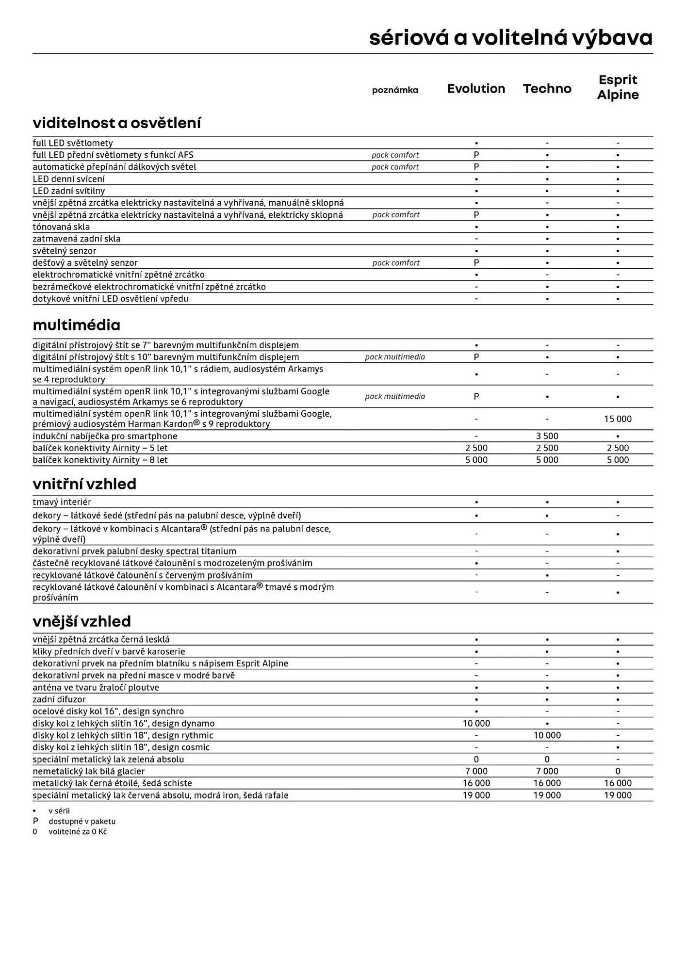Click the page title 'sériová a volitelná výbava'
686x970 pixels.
coord(510,38)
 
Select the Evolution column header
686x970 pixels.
coord(476,89)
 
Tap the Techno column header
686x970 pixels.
coord(547,89)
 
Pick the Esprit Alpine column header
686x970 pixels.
coord(618,87)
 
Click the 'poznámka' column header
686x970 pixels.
coord(395,90)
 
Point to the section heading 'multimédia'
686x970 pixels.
coord(76,325)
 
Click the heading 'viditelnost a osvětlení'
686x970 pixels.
coord(116,123)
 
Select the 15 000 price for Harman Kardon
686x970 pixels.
coord(618,419)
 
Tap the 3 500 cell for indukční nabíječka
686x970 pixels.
coord(547,436)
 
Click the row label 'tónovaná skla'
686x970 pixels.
coord(61,227)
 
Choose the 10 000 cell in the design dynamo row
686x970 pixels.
coord(476,723)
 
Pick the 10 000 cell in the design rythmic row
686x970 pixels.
coord(547,735)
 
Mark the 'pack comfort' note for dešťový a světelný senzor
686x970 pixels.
coord(396,263)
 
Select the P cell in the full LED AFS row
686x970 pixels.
coord(476,155)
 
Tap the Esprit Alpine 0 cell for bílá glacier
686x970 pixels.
coord(618,771)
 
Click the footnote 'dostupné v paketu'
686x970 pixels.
coord(82,821)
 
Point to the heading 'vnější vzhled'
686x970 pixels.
coord(82,621)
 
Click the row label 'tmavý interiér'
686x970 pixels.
coord(62,502)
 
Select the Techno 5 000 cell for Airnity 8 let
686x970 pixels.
coord(547,460)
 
